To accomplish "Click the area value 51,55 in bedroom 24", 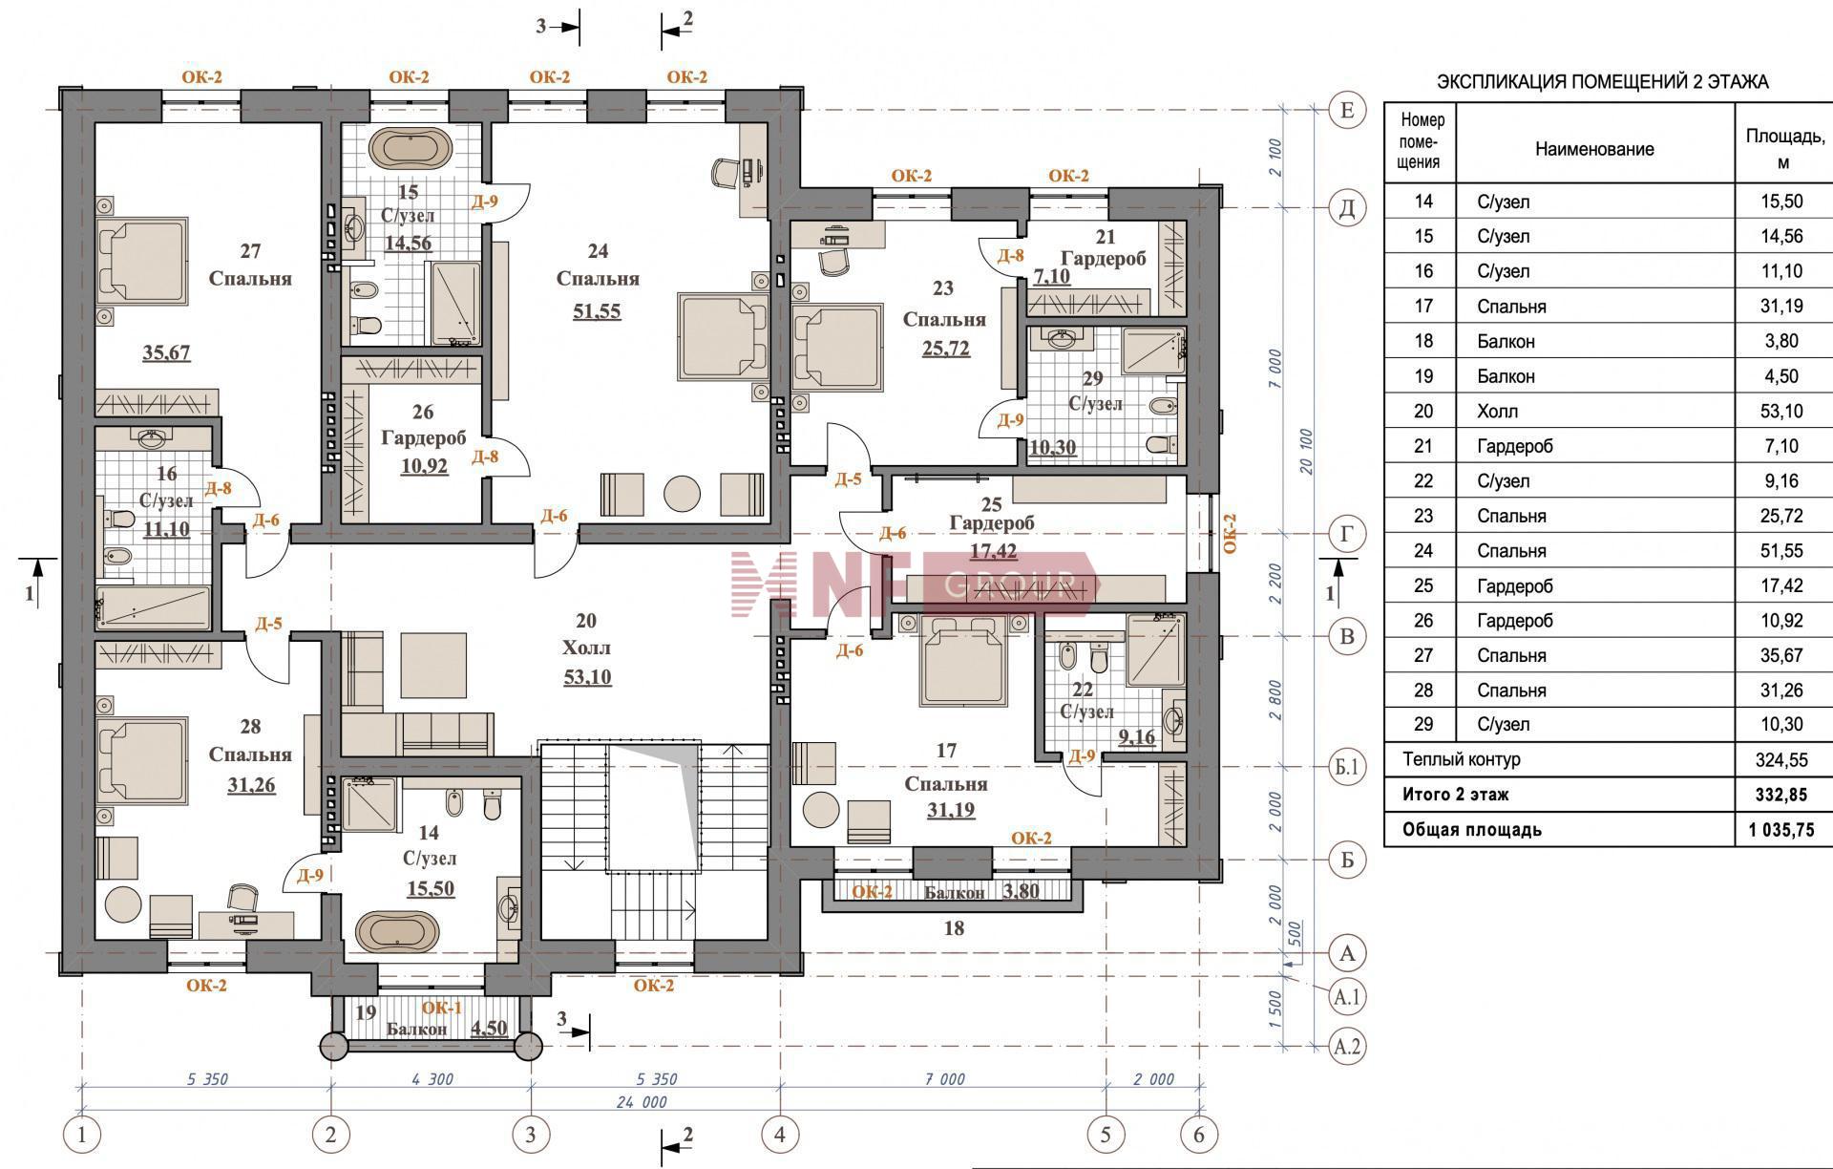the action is (597, 310).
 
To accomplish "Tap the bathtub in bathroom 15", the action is (411, 148).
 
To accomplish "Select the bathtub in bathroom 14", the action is (397, 930).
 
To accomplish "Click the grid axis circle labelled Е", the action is (1347, 111).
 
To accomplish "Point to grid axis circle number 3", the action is (531, 1135).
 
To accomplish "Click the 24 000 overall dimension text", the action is (640, 1102).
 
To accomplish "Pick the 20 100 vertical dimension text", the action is (1307, 452).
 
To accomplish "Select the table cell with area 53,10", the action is (1782, 412).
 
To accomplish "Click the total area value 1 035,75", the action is (1781, 830).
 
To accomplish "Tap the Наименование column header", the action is (1594, 149).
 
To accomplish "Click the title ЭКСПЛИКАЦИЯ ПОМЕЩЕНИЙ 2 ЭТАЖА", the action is (1603, 82).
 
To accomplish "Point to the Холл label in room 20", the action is (586, 648).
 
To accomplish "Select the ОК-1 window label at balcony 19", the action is (441, 1008).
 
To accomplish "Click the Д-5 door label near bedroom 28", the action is (268, 624).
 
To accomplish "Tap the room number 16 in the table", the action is (1423, 271).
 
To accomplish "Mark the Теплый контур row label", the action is (1462, 759).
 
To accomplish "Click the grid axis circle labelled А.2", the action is (1347, 1047).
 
